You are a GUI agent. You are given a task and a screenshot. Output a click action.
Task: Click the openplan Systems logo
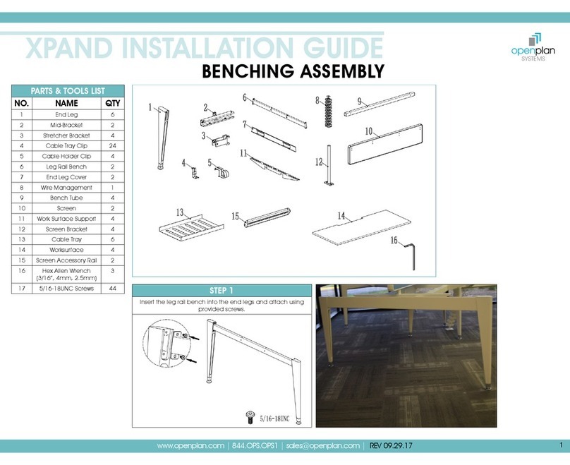point(533,47)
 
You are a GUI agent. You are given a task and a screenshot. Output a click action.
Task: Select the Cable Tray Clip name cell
point(66,146)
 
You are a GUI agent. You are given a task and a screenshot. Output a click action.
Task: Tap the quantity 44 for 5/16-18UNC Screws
point(113,289)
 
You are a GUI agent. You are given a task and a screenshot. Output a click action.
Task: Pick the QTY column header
point(113,103)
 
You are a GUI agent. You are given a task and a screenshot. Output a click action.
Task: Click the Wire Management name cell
point(66,188)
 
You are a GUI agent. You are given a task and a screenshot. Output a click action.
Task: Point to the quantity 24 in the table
point(113,146)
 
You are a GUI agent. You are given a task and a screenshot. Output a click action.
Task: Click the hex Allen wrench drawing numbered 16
point(411,256)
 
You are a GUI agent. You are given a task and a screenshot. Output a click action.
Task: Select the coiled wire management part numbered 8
point(329,111)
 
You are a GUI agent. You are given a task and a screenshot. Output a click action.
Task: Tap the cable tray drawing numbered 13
point(191,228)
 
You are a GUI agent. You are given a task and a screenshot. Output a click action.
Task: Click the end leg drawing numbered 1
point(163,138)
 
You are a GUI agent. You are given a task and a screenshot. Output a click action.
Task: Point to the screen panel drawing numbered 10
point(385,145)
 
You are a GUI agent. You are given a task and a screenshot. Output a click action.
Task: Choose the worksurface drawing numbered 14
point(361,228)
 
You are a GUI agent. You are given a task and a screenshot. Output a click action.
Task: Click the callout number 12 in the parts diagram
point(319,162)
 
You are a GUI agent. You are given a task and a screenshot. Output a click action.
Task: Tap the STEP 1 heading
point(222,291)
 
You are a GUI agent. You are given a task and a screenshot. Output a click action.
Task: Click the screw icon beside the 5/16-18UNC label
point(250,417)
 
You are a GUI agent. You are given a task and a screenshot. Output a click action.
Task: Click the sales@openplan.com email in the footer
point(323,446)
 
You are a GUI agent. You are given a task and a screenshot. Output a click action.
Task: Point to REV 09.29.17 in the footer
point(391,446)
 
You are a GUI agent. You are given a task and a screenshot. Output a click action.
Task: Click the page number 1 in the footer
point(562,445)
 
